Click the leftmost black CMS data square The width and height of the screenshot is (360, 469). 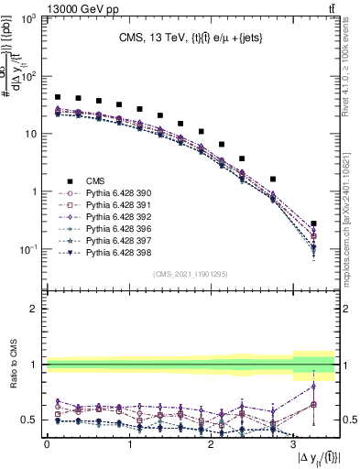coord(58,97)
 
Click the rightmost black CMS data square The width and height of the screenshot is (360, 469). coord(314,224)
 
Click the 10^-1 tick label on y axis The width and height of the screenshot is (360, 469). coord(30,249)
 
